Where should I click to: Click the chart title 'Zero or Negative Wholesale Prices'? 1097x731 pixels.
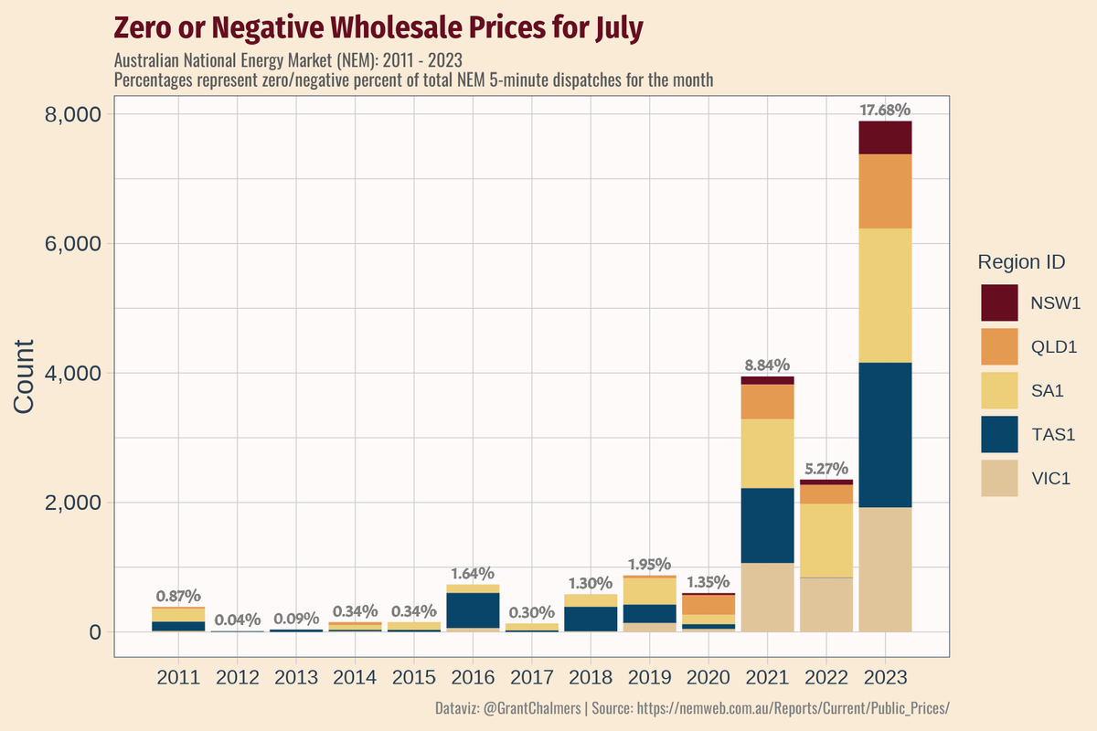point(378,28)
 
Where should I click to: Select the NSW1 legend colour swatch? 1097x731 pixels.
point(999,303)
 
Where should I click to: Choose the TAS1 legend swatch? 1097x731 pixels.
point(999,434)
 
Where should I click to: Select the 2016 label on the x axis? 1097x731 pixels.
point(474,678)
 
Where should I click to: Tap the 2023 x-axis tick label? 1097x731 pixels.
point(885,678)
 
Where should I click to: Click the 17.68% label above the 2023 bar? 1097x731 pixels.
point(885,111)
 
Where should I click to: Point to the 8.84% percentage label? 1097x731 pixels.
point(767,365)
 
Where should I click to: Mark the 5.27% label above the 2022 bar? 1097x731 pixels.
point(825,469)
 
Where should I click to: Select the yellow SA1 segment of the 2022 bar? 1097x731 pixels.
point(825,540)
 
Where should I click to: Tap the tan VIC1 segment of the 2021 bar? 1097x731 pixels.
point(767,597)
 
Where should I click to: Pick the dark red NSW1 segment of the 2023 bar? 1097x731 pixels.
point(885,138)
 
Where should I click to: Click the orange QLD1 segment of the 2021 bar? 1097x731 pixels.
point(767,401)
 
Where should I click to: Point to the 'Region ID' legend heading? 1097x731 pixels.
point(1021,262)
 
